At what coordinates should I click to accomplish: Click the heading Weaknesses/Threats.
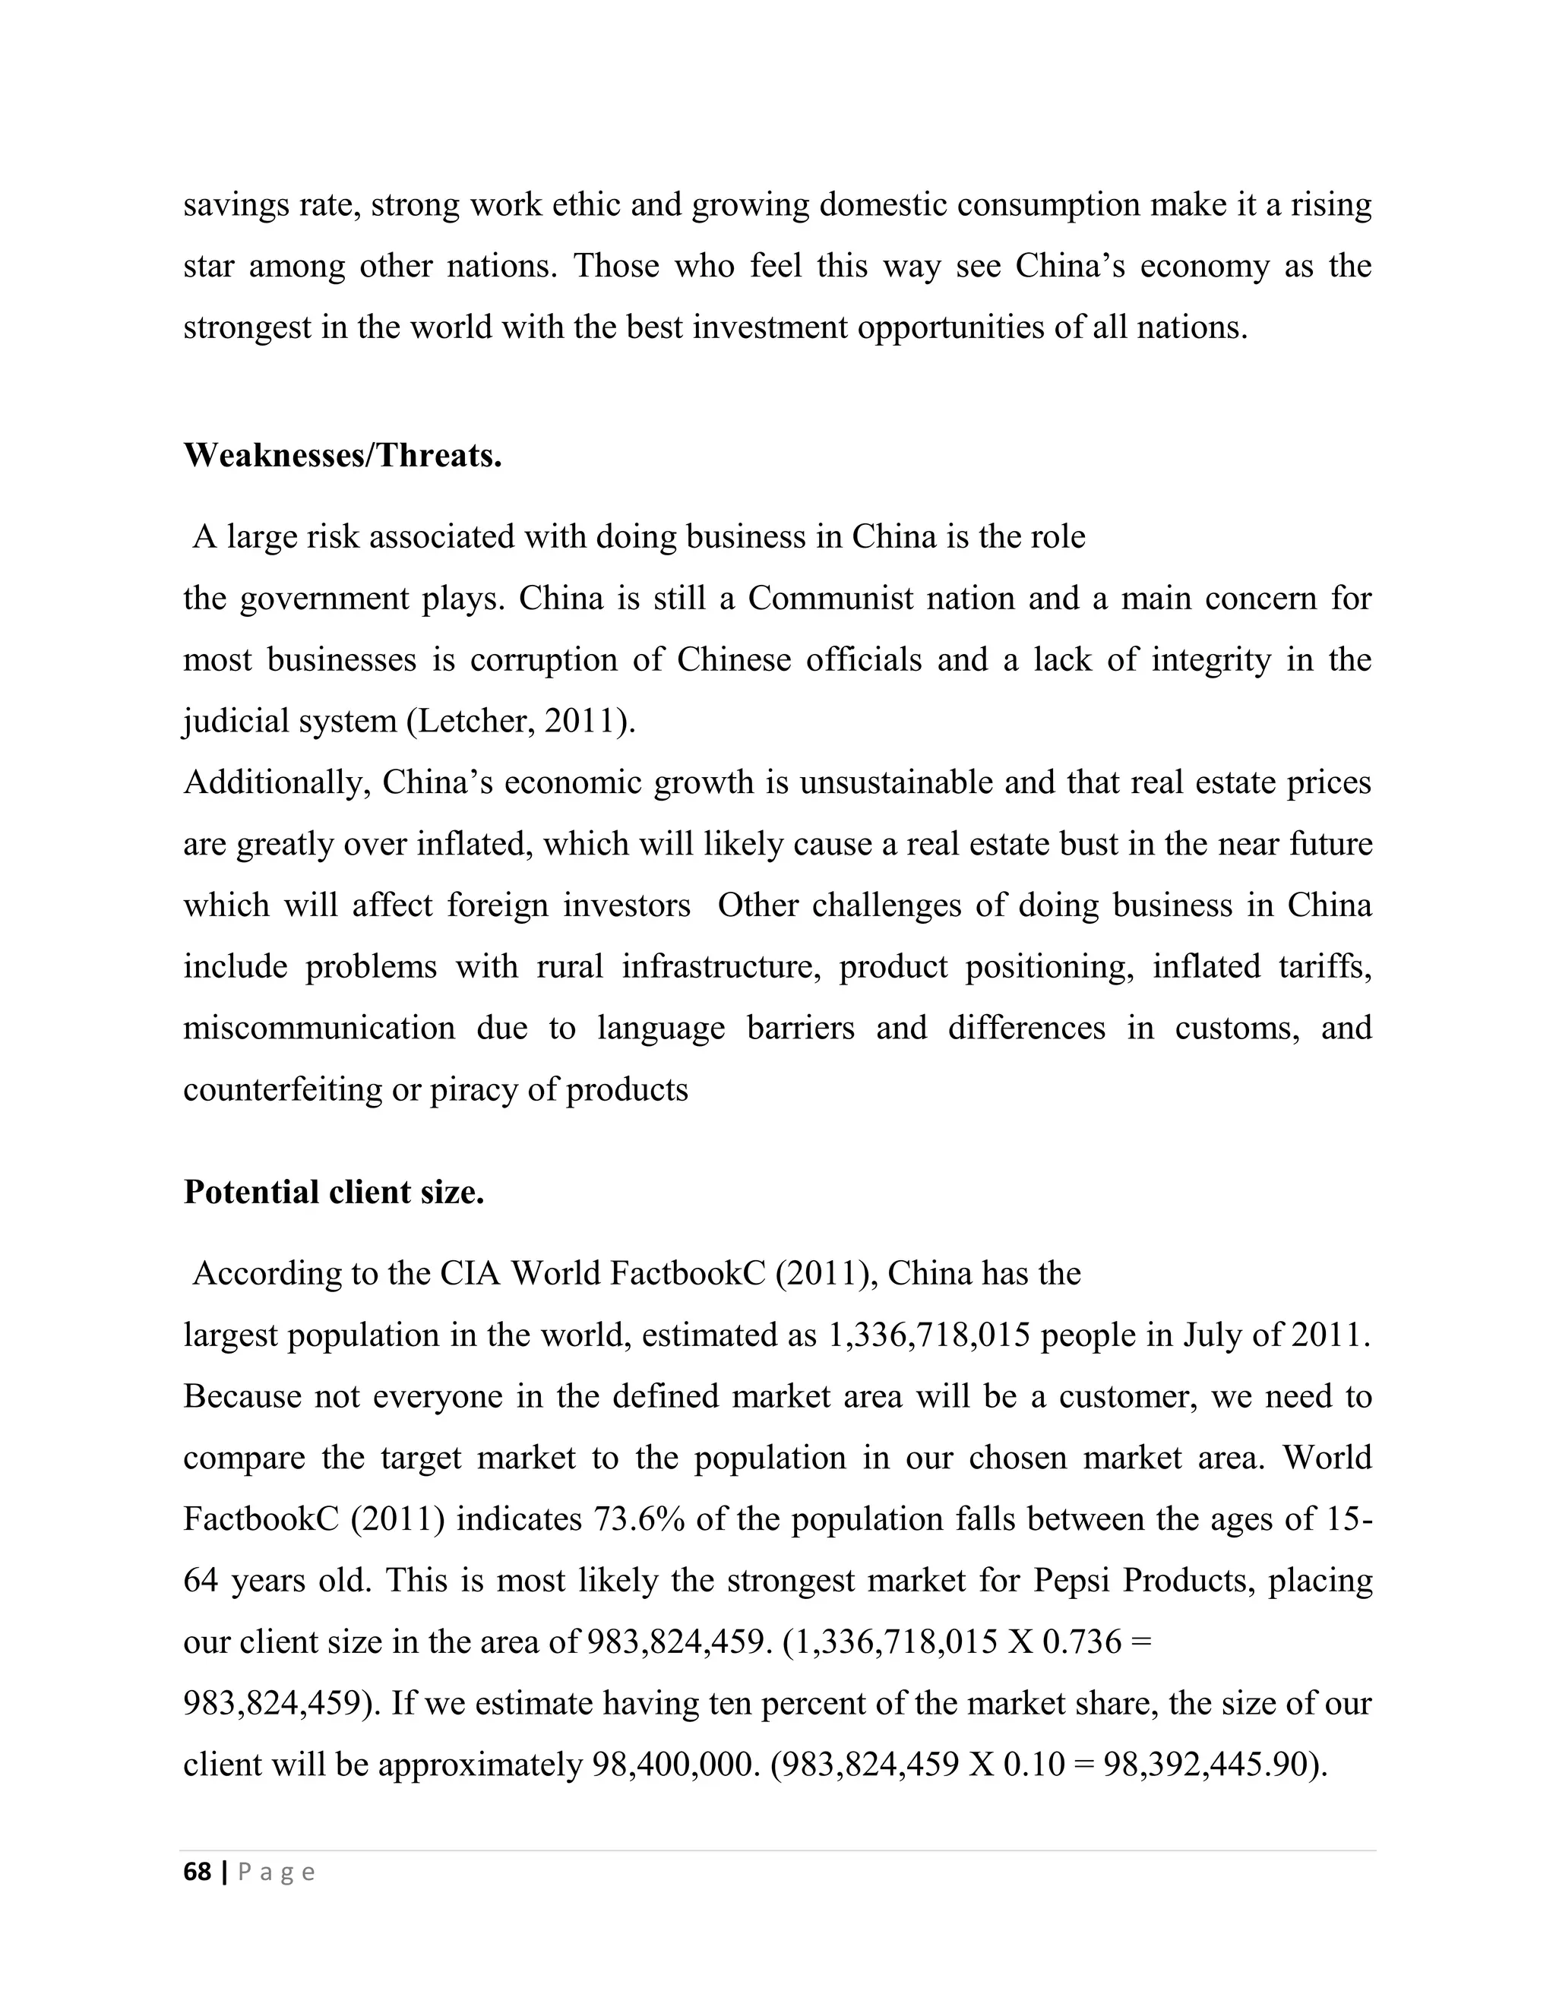[x=342, y=455]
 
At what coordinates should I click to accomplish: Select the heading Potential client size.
[x=334, y=1192]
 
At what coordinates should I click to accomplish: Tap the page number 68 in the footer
[x=198, y=1872]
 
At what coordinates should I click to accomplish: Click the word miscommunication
[x=319, y=1027]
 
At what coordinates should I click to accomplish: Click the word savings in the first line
[x=235, y=204]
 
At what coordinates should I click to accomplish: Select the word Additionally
[x=277, y=782]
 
